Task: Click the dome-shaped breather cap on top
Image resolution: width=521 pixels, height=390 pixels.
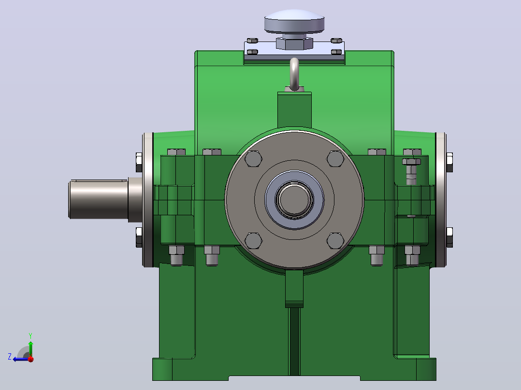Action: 294,21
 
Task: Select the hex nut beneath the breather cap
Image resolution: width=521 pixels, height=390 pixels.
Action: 294,43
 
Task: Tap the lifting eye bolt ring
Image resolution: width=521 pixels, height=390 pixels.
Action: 294,74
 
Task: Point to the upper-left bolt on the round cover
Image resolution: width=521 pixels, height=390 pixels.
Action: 253,159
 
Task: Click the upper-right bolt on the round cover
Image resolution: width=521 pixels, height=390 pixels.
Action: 335,159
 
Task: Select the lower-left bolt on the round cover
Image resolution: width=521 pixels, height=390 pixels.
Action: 253,241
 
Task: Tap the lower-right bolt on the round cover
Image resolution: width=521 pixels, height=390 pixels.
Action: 335,241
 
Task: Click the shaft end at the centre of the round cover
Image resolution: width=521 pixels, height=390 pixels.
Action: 294,199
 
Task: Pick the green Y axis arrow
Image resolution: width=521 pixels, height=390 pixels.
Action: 30,348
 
